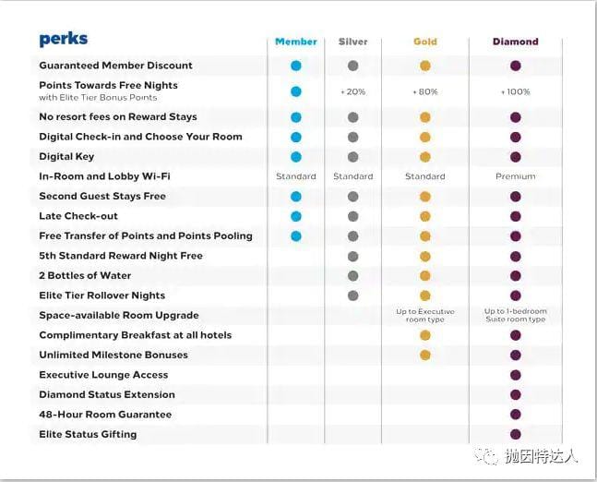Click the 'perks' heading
[x=64, y=40]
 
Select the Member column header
[x=296, y=42]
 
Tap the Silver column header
[x=353, y=42]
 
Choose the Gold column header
[x=424, y=42]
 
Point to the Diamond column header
[x=515, y=42]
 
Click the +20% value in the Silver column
[x=353, y=91]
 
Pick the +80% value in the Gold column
[x=424, y=91]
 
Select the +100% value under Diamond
[x=515, y=91]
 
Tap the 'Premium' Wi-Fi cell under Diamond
[x=515, y=176]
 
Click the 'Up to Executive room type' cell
[x=424, y=316]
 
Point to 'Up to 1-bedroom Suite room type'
[x=515, y=316]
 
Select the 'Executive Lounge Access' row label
[x=103, y=375]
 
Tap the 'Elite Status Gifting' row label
[x=88, y=434]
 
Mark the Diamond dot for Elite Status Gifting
[x=515, y=434]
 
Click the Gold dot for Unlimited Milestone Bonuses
[x=424, y=355]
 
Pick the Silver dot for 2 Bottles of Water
[x=353, y=275]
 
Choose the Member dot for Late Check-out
[x=296, y=216]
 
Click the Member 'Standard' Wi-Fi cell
[x=296, y=176]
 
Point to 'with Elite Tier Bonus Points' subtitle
[x=98, y=97]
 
